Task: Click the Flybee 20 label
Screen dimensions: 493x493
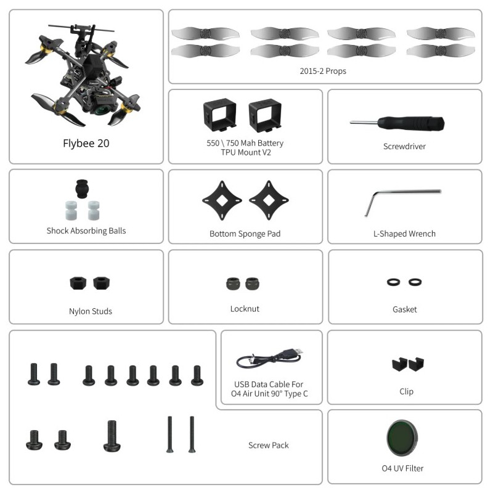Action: (x=86, y=144)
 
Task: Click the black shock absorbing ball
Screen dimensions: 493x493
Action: (x=81, y=187)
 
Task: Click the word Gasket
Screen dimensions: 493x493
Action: (x=404, y=309)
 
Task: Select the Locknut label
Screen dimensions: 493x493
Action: (x=245, y=309)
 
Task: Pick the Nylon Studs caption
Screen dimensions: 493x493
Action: (x=91, y=311)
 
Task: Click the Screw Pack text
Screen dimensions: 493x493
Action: (x=268, y=445)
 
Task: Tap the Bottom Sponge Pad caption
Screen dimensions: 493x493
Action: (x=245, y=234)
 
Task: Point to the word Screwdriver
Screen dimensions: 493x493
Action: (x=404, y=147)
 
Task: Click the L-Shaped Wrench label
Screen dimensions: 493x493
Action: (x=404, y=234)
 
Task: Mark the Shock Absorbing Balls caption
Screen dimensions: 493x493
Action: (x=86, y=231)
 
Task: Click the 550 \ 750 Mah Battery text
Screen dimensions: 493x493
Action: (x=245, y=143)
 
